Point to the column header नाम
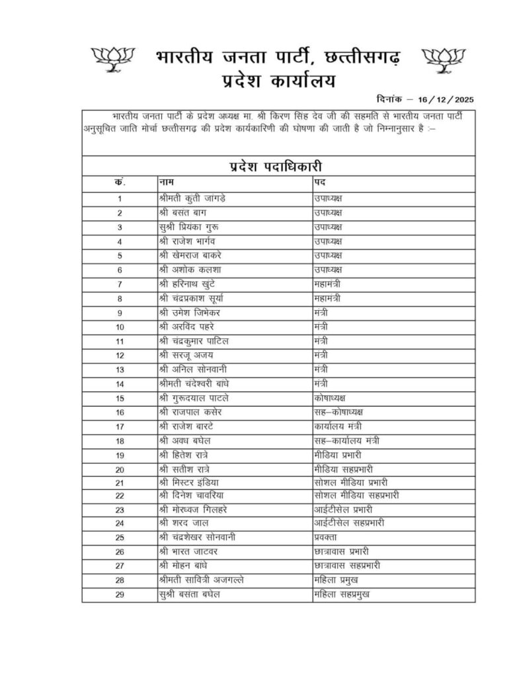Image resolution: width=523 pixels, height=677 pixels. [168, 181]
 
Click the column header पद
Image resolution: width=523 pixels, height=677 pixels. [320, 181]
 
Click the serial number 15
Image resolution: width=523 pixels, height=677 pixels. [120, 398]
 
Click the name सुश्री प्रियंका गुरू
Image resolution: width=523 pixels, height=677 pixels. [194, 227]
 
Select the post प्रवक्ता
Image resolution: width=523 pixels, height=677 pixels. [328, 538]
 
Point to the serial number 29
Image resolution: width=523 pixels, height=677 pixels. [120, 594]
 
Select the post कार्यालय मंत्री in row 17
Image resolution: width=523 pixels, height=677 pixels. [339, 426]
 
